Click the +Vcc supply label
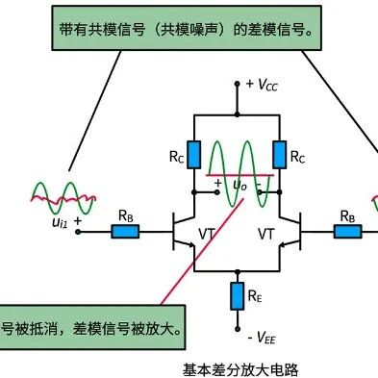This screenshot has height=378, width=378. point(262,85)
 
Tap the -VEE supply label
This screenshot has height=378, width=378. point(262,338)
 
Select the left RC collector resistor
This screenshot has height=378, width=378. point(193,155)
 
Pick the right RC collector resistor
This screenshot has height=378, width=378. point(280,155)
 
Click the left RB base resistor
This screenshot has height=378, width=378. point(125,231)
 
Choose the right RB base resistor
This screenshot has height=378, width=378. point(347,231)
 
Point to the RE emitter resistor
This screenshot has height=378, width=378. point(238,296)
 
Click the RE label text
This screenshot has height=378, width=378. point(255,296)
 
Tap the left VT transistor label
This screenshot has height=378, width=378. point(207,234)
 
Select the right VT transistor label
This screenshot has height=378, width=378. point(266,234)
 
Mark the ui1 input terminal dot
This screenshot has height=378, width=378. point(78,231)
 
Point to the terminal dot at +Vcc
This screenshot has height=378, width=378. point(238,84)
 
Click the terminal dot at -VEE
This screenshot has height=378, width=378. point(238,329)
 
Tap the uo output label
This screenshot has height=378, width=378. point(239,185)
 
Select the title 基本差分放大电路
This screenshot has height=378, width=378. point(240,369)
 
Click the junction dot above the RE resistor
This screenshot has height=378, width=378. point(238,271)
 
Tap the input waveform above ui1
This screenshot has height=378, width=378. point(63,198)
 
